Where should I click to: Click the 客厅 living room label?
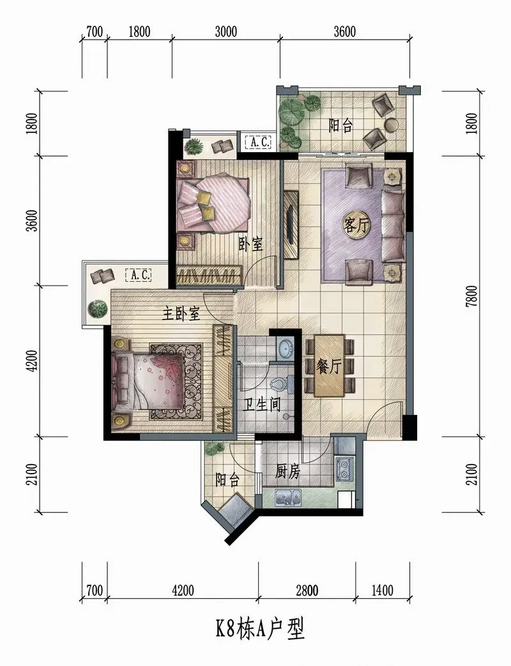[x=356, y=225]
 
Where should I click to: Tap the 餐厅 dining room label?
[x=328, y=366]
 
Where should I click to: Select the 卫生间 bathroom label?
[x=261, y=405]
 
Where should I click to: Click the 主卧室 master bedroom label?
[x=181, y=314]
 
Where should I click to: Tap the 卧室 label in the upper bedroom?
[x=250, y=244]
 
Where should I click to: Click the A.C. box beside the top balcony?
[x=259, y=143]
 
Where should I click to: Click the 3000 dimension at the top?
[x=225, y=31]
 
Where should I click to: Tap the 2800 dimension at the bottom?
[x=307, y=590]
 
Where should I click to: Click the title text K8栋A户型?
[x=260, y=630]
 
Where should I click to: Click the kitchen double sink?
[x=287, y=497]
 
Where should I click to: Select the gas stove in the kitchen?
[x=344, y=469]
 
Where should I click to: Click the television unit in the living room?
[x=291, y=224]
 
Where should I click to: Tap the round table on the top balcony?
[x=391, y=124]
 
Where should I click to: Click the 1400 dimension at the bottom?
[x=382, y=590]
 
